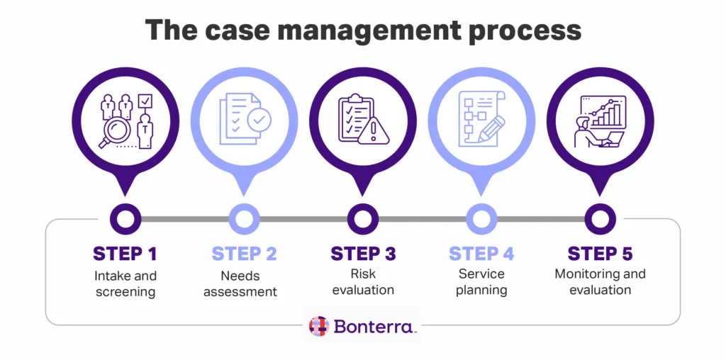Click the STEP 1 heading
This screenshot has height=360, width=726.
(x=125, y=254)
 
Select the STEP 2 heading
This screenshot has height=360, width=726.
(x=244, y=254)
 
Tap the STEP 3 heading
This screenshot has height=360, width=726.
(x=363, y=254)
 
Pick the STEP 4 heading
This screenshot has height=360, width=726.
(x=481, y=254)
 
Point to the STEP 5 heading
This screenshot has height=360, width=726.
(x=600, y=254)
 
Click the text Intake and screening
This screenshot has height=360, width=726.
(x=125, y=283)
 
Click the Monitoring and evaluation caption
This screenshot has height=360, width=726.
(x=600, y=282)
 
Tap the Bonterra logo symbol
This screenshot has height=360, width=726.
(x=319, y=326)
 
